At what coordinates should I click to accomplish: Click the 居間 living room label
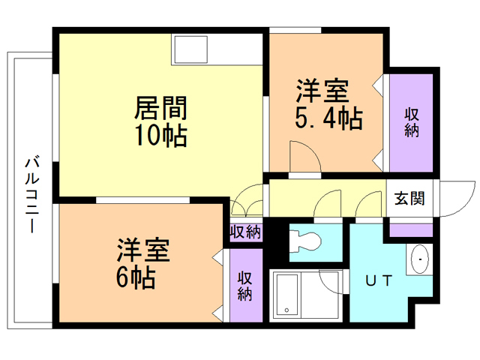click(160, 109)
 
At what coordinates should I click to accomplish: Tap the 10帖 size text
click(160, 137)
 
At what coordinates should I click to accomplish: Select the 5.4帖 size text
click(325, 118)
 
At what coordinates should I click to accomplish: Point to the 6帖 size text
click(135, 278)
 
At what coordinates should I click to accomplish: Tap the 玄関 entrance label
click(409, 199)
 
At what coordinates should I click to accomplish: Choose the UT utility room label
click(378, 281)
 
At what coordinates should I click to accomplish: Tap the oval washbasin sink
click(421, 259)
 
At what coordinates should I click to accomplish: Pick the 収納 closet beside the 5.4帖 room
click(412, 123)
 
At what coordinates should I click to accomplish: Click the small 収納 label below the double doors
click(245, 232)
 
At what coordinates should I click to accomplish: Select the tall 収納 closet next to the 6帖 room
click(245, 285)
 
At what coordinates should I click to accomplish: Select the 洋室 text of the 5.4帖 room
click(321, 91)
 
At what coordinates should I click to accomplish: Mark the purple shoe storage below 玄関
click(411, 228)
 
